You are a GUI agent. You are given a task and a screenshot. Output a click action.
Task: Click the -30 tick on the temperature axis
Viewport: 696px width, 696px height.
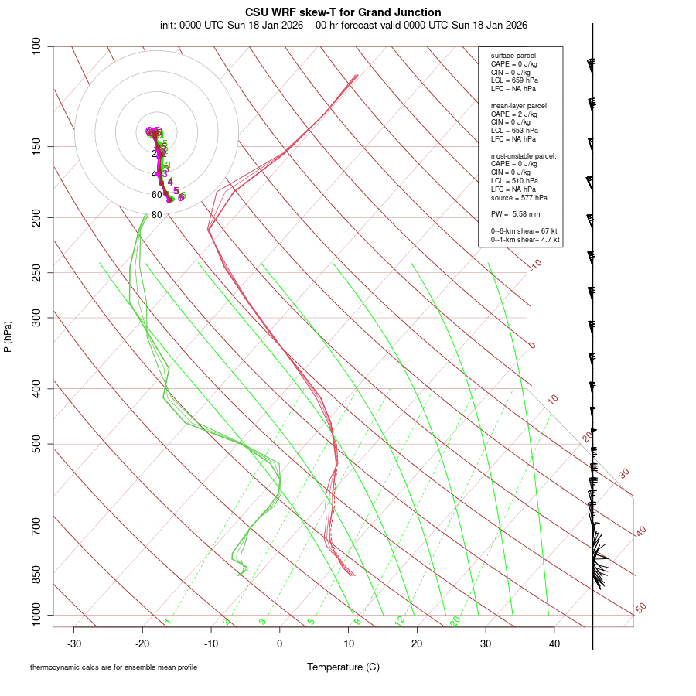click(x=74, y=643)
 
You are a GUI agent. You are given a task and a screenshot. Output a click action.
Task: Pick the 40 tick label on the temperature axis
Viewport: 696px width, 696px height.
click(x=554, y=643)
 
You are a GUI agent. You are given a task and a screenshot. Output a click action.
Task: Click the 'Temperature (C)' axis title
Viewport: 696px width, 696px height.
click(x=343, y=667)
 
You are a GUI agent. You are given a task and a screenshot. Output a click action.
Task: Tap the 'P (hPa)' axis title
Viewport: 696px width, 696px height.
click(x=9, y=337)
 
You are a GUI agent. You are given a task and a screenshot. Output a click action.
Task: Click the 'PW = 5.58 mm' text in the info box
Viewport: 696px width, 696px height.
click(x=515, y=213)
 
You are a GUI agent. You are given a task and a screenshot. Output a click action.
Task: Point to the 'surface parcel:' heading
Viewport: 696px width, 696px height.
click(x=514, y=56)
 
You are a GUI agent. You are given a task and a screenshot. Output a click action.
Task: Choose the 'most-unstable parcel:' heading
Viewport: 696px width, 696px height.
click(x=524, y=156)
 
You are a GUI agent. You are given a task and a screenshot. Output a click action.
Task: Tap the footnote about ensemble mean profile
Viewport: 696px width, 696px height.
click(x=114, y=667)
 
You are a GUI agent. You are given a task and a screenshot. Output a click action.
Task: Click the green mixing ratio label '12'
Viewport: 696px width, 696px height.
click(x=400, y=620)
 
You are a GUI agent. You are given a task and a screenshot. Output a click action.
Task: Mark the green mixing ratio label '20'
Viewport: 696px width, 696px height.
click(x=455, y=620)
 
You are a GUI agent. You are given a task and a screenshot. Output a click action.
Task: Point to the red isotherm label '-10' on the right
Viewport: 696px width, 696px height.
click(x=534, y=265)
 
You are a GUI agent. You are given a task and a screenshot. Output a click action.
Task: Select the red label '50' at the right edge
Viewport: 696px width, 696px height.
click(x=640, y=609)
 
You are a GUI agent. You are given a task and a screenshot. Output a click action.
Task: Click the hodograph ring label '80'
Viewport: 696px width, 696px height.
click(x=157, y=215)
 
